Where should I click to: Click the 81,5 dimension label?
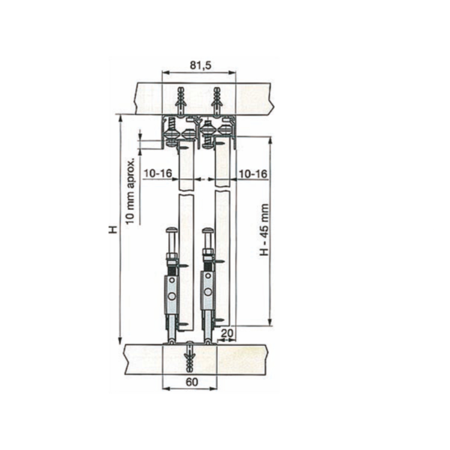[x=200, y=65]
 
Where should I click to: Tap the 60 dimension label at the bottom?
[x=192, y=382]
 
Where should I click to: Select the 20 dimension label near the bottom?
[x=227, y=333]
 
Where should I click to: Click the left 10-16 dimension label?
[x=157, y=173]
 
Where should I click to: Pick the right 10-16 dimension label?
[x=253, y=174]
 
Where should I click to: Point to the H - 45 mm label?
[x=264, y=229]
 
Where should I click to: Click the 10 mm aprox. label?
[x=130, y=190]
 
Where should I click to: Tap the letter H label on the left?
[x=113, y=229]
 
